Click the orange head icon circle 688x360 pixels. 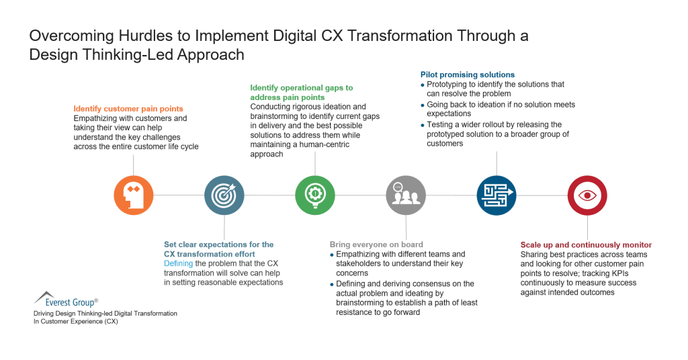click(x=134, y=195)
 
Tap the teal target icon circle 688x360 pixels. click(x=224, y=195)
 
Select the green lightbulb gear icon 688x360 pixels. click(x=315, y=195)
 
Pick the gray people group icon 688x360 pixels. click(x=406, y=195)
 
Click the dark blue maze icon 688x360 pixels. click(x=497, y=195)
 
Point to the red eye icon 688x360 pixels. click(x=587, y=195)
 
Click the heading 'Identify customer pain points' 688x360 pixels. click(x=128, y=109)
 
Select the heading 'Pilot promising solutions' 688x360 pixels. click(x=468, y=75)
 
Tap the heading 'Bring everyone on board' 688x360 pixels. click(x=376, y=244)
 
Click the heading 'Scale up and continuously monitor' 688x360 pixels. click(x=586, y=245)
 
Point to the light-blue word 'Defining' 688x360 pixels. click(x=178, y=263)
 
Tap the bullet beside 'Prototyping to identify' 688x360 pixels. click(x=423, y=85)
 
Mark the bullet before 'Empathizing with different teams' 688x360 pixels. click(x=333, y=255)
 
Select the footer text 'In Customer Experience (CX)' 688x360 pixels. click(x=76, y=322)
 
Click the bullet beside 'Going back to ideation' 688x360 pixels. click(x=423, y=105)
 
